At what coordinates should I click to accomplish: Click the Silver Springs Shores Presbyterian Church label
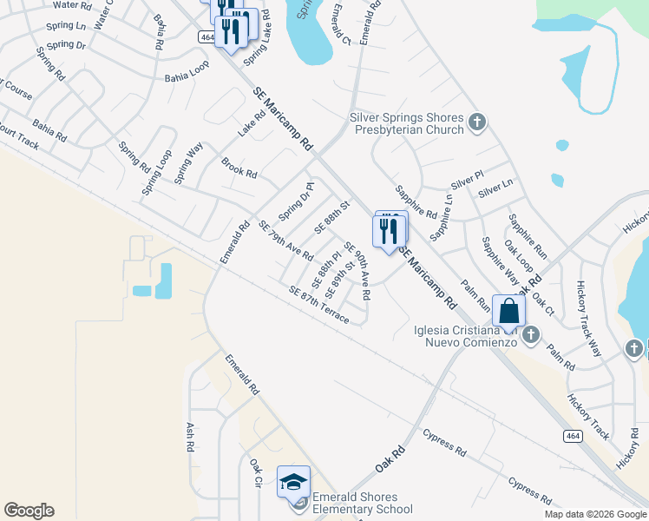click(407, 123)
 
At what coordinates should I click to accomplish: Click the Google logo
click(29, 511)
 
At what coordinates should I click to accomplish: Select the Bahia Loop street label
click(187, 76)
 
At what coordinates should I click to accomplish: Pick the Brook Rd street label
click(239, 168)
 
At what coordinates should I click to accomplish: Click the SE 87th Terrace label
click(318, 306)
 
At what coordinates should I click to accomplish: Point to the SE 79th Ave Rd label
click(285, 241)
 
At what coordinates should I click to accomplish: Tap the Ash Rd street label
click(190, 437)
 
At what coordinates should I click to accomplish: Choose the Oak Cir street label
click(256, 474)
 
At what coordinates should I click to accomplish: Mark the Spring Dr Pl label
click(295, 201)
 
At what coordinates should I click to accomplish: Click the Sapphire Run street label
click(528, 237)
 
